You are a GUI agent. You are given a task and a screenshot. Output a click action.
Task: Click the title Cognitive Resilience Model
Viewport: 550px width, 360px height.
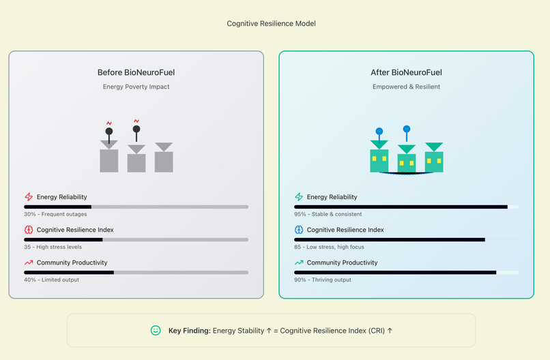pyautogui.click(x=271, y=23)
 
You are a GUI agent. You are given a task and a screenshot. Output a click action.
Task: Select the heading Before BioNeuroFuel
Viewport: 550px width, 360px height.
pyautogui.click(x=136, y=72)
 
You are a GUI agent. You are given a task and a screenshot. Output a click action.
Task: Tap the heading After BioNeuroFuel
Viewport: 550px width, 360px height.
pyautogui.click(x=406, y=72)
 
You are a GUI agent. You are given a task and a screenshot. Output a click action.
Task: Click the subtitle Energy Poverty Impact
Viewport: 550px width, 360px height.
pyautogui.click(x=136, y=87)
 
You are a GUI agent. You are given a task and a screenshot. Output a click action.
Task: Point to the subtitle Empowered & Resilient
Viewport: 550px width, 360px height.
pyautogui.click(x=406, y=87)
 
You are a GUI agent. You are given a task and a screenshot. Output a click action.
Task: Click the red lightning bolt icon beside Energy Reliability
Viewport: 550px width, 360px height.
pyautogui.click(x=29, y=197)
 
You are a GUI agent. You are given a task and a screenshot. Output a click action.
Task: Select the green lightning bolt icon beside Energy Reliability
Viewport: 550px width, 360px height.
pyautogui.click(x=299, y=197)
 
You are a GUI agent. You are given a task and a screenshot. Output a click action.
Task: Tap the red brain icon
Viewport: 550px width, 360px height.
pyautogui.click(x=29, y=230)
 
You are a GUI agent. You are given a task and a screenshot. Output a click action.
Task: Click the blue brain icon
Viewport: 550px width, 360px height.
pyautogui.click(x=299, y=230)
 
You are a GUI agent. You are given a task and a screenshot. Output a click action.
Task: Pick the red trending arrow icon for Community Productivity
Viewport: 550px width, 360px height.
pyautogui.click(x=29, y=262)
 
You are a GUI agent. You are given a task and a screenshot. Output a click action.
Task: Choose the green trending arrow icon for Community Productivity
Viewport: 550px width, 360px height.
pyautogui.click(x=299, y=262)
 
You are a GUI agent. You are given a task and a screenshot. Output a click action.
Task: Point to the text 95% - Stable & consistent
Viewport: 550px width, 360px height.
pyautogui.click(x=328, y=214)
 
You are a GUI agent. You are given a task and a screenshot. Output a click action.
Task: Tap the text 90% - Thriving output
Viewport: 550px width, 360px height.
pyautogui.click(x=323, y=280)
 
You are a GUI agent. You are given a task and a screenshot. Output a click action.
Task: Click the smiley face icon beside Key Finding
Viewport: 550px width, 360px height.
pyautogui.click(x=156, y=330)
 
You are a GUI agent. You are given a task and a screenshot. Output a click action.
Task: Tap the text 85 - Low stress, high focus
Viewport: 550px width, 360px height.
pyautogui.click(x=329, y=247)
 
